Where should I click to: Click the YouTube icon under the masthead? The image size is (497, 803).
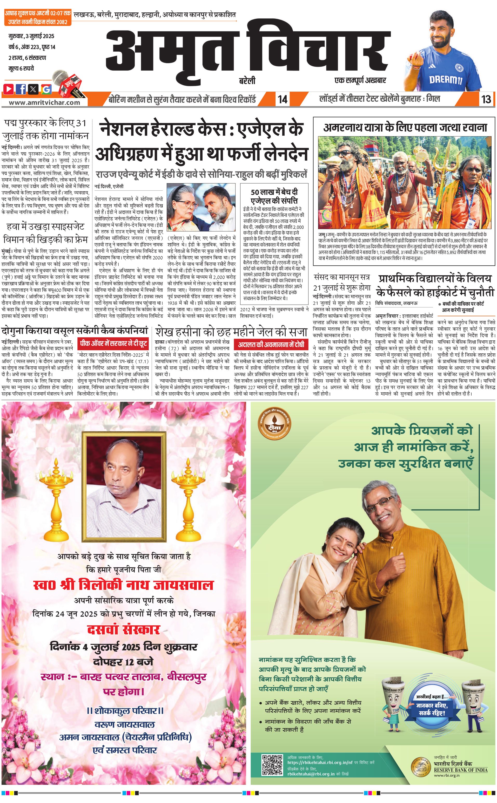coord(9,89)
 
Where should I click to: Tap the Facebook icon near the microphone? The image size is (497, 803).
coord(21,89)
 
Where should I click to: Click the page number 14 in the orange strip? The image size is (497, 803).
coord(282,99)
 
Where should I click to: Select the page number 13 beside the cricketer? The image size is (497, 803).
coord(486,99)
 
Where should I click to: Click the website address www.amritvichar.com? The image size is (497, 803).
coord(44,102)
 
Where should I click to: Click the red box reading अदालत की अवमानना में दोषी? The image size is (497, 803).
coord(271,345)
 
